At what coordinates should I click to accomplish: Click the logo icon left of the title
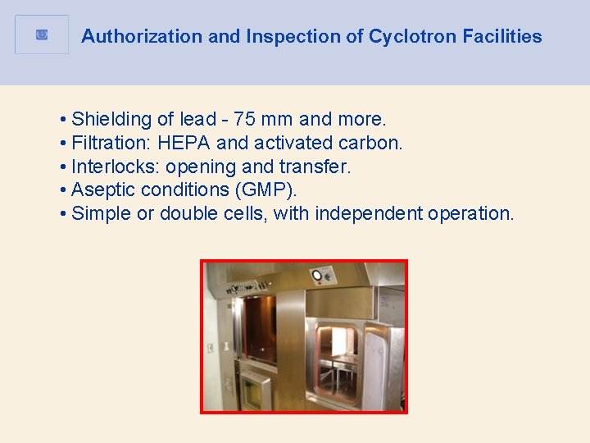pos(42,34)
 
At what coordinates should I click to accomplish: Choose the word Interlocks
pos(115,167)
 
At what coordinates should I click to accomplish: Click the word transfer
pos(316,167)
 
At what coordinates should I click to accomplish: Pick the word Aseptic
pos(102,190)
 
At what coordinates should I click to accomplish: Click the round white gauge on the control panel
pos(317,275)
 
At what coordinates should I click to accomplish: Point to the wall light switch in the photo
pos(211,347)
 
